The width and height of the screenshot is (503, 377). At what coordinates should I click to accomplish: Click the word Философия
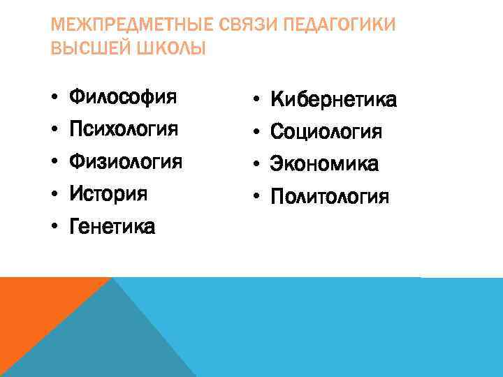(123, 96)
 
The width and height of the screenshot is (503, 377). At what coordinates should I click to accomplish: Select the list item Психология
(124, 128)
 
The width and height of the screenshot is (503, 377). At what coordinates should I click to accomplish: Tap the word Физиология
(126, 161)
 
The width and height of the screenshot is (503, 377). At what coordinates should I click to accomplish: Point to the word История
(108, 193)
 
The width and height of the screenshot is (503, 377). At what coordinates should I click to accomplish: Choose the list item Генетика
(112, 226)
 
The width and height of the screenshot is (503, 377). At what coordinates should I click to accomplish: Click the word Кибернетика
(333, 100)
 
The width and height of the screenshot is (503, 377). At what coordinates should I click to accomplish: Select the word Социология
(326, 132)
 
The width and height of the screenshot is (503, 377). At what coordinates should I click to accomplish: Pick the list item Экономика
(324, 164)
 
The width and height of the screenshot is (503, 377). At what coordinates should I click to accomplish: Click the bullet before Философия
(53, 96)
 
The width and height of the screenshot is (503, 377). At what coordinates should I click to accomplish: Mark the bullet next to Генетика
(53, 226)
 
